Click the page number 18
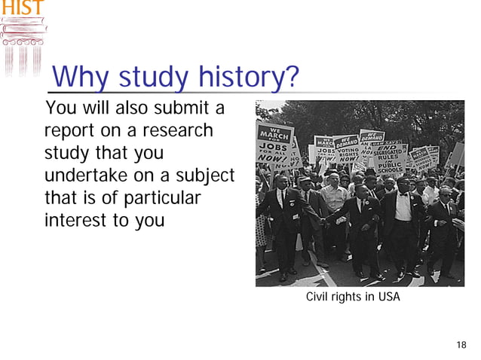pos(461,345)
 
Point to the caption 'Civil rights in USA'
pos(353,297)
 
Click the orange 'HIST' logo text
pos(21,8)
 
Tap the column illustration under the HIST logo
pos(22,45)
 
